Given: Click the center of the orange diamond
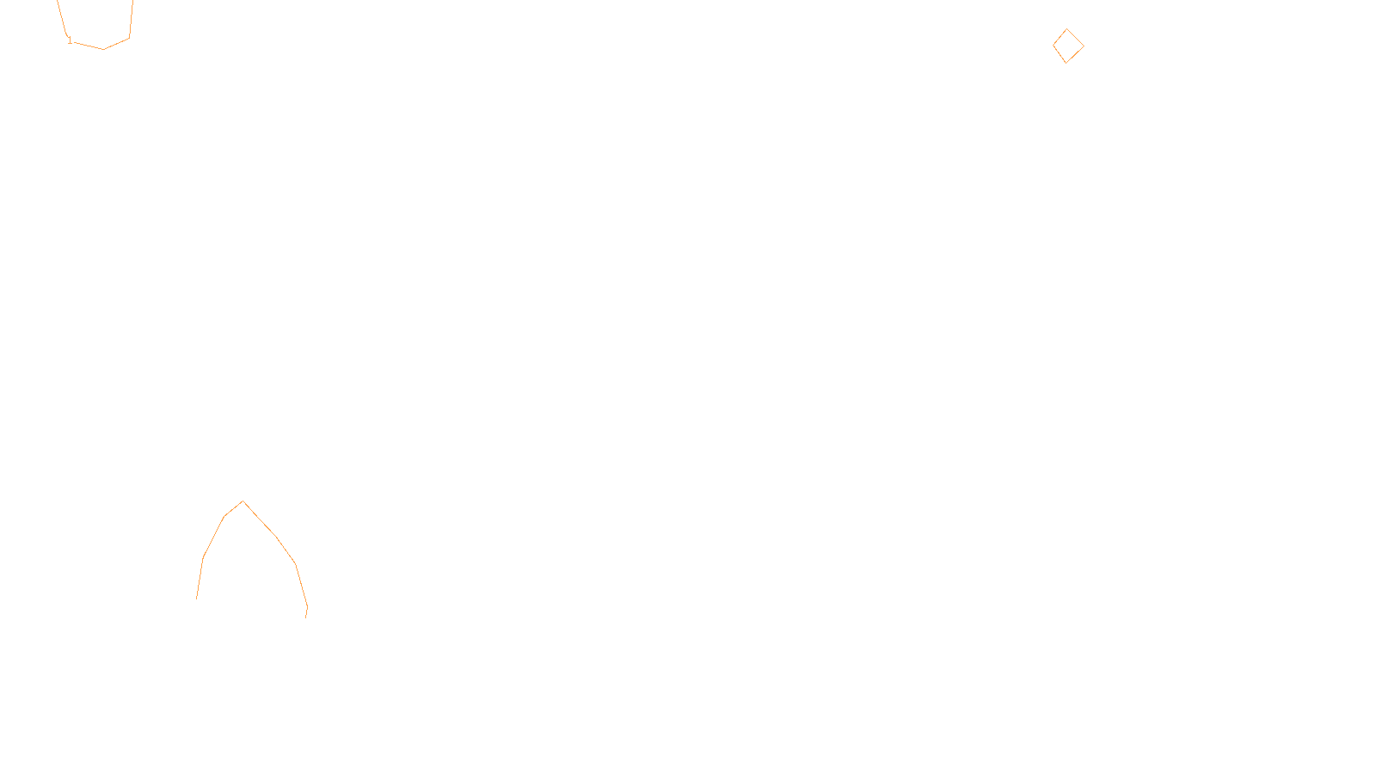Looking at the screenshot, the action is [1068, 46].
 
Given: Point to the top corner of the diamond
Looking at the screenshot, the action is [1067, 29].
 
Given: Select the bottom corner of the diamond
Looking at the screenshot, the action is [1066, 63].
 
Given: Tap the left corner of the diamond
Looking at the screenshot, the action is [1053, 44].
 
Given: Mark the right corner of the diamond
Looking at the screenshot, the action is [1084, 46].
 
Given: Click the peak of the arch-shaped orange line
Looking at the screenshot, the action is [243, 501].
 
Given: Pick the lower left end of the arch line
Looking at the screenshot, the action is [197, 599].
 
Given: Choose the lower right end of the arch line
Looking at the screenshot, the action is [306, 617].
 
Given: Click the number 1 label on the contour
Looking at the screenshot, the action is [70, 40].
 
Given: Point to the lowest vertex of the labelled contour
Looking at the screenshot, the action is [103, 49].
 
